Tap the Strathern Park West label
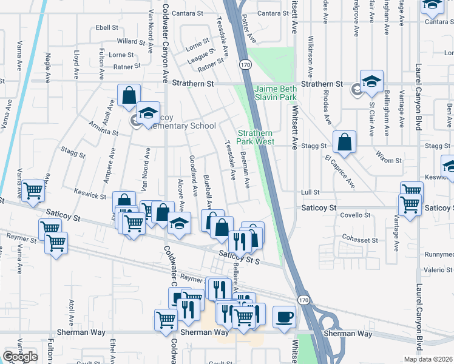(x=256, y=137)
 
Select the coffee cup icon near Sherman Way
(x=284, y=316)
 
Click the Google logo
(x=20, y=357)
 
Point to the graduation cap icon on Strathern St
(x=371, y=81)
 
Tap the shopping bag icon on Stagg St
(x=344, y=143)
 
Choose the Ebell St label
(x=106, y=28)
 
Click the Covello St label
(x=356, y=215)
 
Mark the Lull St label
(x=310, y=192)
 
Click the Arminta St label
(x=103, y=124)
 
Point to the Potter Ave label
(x=249, y=30)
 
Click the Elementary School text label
(x=187, y=126)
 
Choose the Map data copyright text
(x=428, y=359)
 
